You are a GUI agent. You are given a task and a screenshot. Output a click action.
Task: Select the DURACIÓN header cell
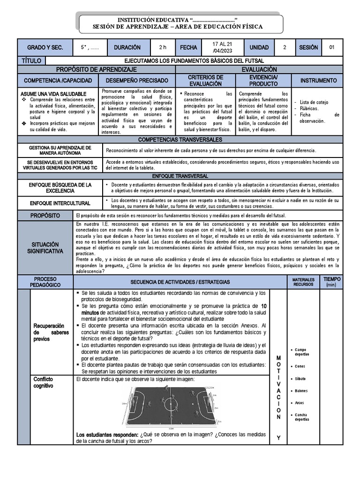(x=127, y=47)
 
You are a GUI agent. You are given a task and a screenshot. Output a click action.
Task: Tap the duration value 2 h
(x=163, y=47)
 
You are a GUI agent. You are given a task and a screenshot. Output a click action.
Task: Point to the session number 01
(x=332, y=47)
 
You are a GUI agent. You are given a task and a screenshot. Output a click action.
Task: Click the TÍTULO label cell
(x=31, y=61)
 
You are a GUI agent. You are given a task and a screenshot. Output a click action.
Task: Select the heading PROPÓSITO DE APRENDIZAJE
(x=96, y=69)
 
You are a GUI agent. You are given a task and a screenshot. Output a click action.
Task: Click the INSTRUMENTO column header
(x=318, y=81)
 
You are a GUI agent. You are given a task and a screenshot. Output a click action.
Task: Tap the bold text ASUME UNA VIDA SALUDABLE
(x=53, y=94)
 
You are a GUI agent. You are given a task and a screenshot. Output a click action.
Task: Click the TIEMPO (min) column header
(x=331, y=281)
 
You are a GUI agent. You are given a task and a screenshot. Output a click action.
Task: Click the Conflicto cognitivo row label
(x=43, y=382)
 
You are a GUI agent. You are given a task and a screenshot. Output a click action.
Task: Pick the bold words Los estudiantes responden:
(x=107, y=435)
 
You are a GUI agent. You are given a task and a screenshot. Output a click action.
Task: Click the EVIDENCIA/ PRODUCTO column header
(x=263, y=81)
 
